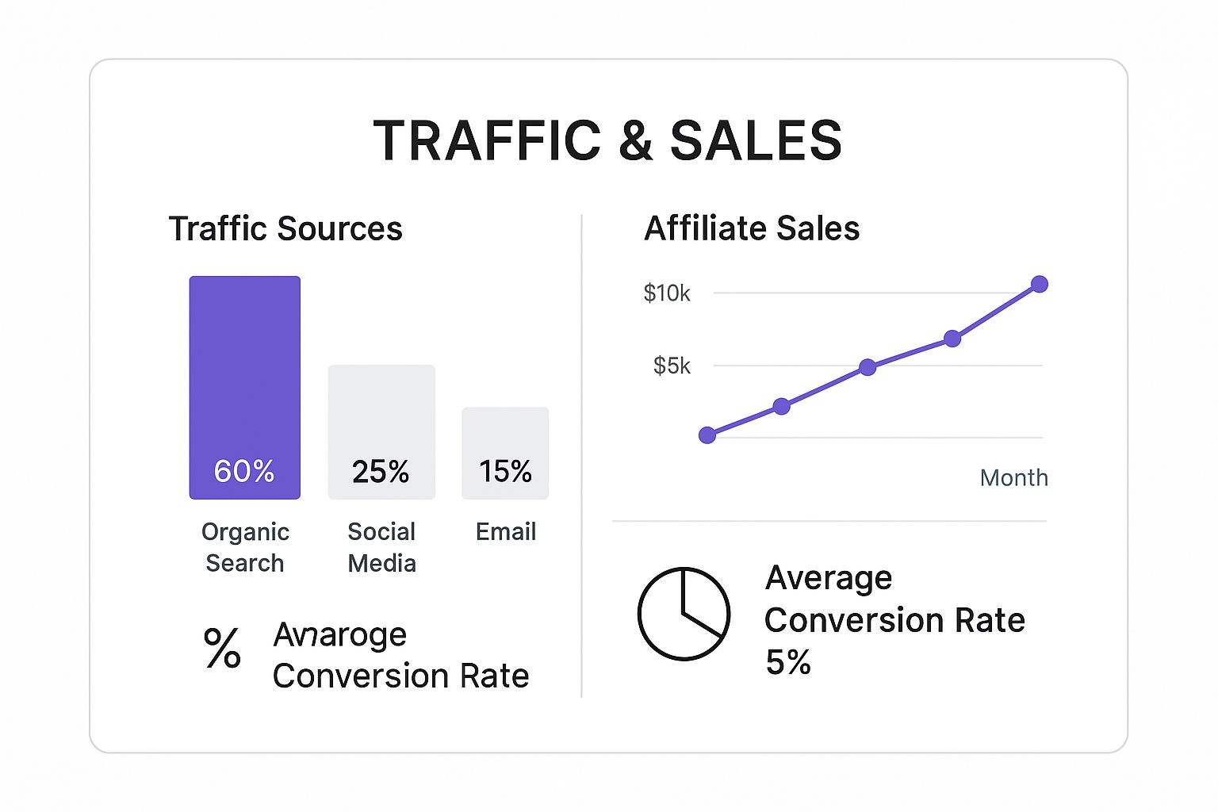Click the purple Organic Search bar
tap(244, 373)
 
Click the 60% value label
tap(244, 472)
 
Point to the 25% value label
tap(381, 472)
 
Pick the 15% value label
tap(505, 472)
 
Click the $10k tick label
tap(667, 293)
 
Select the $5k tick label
tap(672, 366)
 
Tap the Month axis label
tap(1013, 477)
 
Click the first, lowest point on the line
tap(707, 435)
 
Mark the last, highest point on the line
tap(1040, 284)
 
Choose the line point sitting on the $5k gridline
tap(868, 367)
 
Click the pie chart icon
tap(684, 613)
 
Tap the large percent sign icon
tap(222, 648)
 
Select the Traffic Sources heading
tap(285, 229)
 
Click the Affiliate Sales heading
tap(752, 229)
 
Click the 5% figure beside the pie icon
tap(788, 662)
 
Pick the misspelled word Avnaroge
tap(339, 635)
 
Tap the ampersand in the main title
tap(635, 141)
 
